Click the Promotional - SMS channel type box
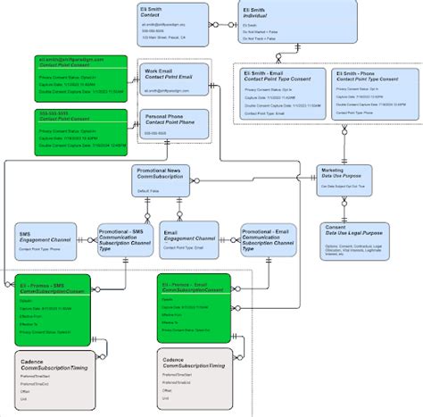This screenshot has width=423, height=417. (125, 240)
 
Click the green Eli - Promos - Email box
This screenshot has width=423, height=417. (195, 308)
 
